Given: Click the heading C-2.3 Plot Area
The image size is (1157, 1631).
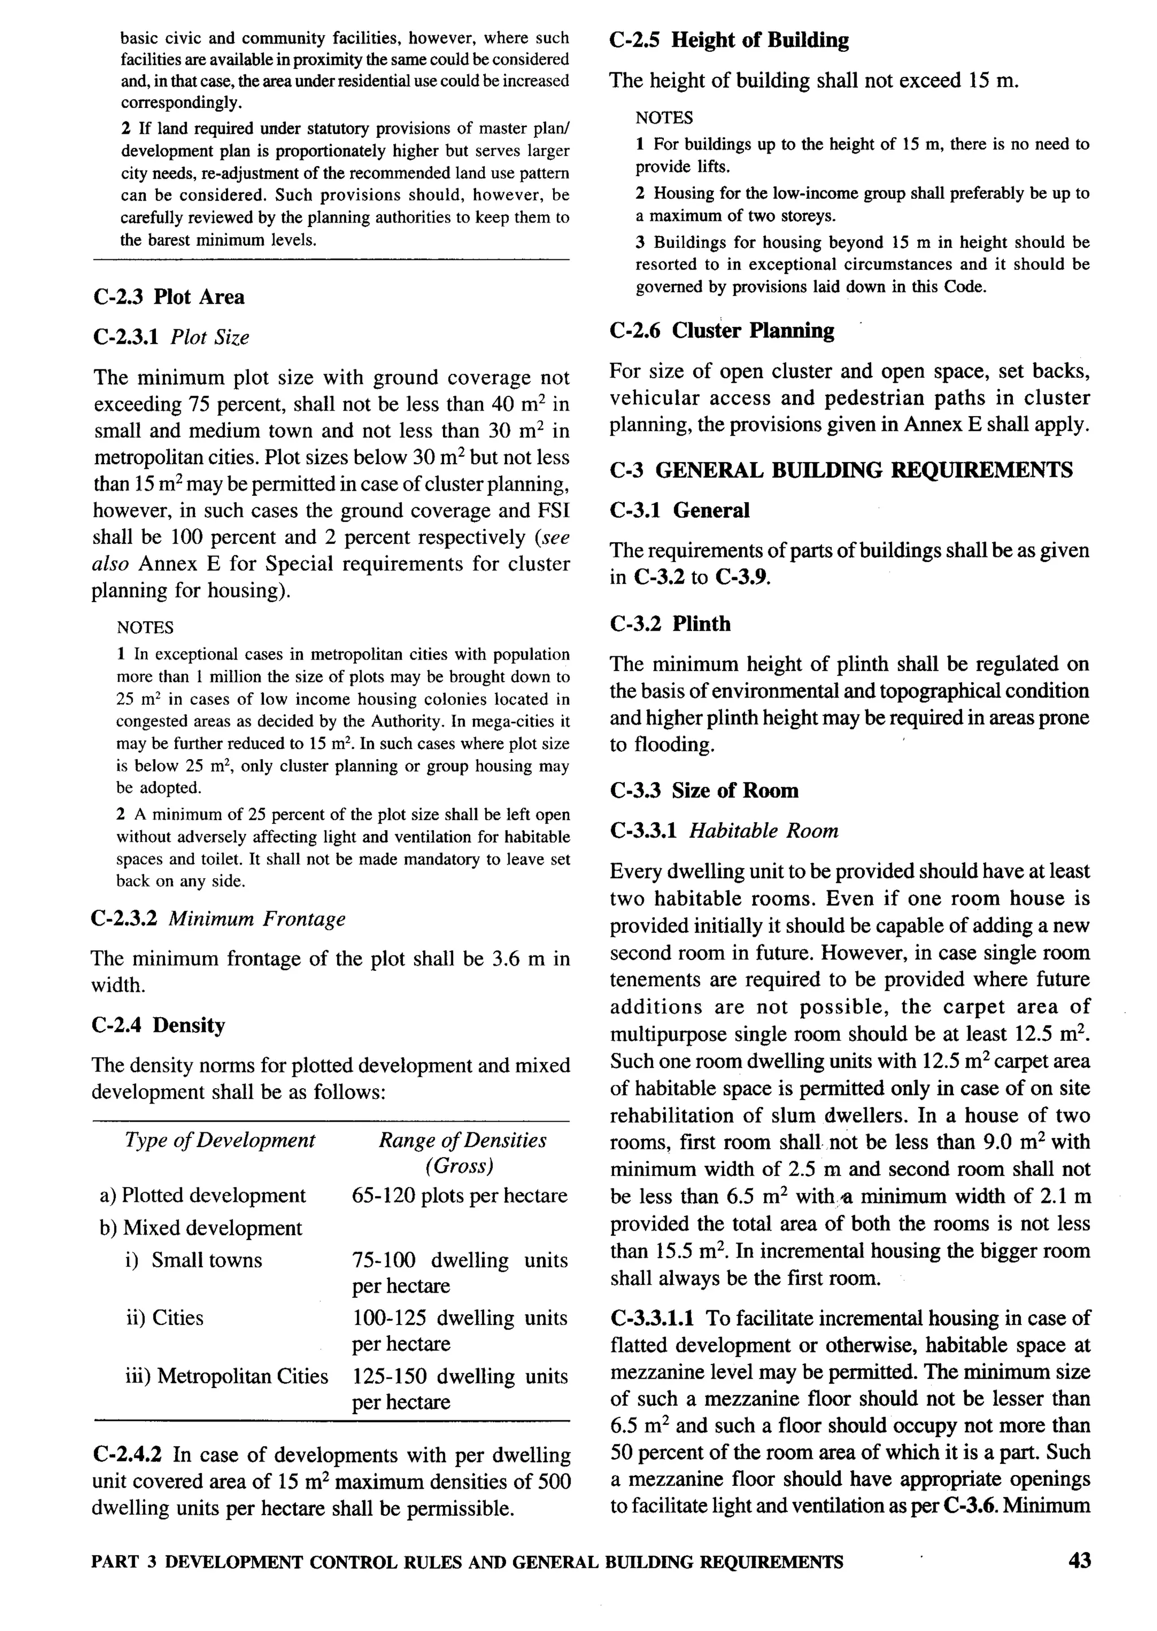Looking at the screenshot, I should [x=168, y=296].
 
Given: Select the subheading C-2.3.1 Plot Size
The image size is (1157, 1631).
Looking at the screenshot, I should [x=171, y=337].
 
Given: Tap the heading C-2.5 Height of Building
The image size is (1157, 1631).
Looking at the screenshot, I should [x=729, y=40].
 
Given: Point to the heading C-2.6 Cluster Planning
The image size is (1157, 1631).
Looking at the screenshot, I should [x=721, y=330].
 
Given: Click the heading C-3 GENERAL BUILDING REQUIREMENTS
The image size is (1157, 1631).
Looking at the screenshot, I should [x=841, y=470].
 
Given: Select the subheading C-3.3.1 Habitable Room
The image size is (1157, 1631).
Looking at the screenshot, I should [x=724, y=830].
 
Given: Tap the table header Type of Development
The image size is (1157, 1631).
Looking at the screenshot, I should [x=219, y=1140].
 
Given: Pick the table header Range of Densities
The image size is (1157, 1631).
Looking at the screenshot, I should [x=462, y=1140].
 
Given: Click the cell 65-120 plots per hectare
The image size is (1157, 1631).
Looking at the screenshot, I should [x=459, y=1195].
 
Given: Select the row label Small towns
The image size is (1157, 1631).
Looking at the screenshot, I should [x=207, y=1260].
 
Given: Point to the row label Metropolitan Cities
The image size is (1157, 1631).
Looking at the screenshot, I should [x=242, y=1375].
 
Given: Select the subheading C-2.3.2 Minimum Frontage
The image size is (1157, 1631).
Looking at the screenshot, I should [x=218, y=918].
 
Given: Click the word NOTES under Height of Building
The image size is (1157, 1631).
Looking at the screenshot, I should [x=664, y=117].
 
